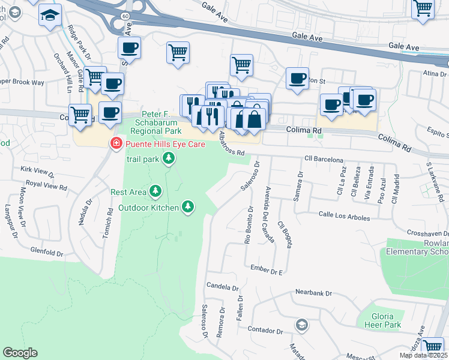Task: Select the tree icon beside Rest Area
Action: (x=156, y=191)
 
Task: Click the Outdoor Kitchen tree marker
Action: (x=188, y=207)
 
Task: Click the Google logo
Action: (x=20, y=353)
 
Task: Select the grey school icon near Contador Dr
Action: (x=301, y=325)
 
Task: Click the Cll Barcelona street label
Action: (x=324, y=160)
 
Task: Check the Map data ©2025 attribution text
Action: (x=423, y=355)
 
